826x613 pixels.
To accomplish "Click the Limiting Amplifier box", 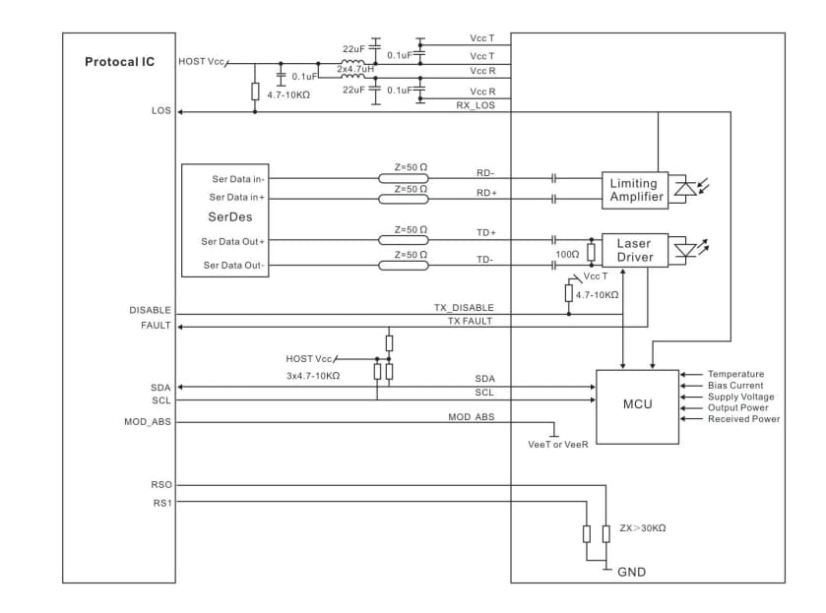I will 633,190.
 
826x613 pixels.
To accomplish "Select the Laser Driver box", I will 633,250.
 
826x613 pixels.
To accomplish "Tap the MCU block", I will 637,404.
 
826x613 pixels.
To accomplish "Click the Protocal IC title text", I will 119,62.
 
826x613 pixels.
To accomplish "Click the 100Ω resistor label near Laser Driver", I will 566,255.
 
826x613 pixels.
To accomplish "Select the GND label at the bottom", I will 631,572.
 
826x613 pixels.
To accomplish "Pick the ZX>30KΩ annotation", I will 642,528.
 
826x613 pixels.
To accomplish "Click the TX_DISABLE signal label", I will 464,308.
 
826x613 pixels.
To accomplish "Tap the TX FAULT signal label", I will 470,321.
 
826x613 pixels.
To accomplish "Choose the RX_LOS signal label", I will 476,105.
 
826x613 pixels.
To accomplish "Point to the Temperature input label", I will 735,374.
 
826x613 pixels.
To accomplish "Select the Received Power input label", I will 743,418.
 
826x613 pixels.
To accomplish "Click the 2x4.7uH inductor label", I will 355,69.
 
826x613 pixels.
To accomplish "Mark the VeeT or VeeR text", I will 558,445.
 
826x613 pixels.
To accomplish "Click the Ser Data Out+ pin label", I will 233,241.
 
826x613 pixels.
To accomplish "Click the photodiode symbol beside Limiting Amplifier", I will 684,188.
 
